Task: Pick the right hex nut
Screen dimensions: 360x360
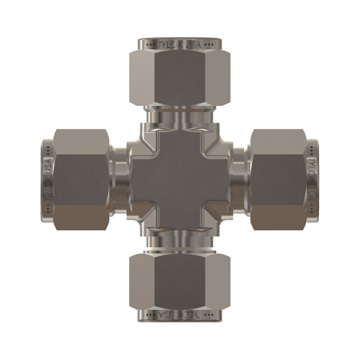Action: tap(278, 180)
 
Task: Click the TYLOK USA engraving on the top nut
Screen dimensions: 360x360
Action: tap(180, 45)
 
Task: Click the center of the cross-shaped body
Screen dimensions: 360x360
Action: tap(180, 180)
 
